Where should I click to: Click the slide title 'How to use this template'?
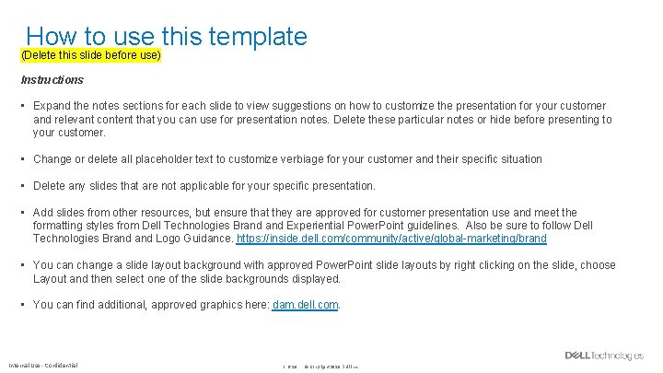coord(167,36)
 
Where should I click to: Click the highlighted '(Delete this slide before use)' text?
coord(91,56)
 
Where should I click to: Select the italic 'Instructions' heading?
coord(52,80)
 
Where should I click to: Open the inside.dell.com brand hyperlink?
coord(391,239)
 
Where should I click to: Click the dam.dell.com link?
coord(306,305)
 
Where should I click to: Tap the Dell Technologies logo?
coord(604,356)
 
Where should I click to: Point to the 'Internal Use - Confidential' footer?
coord(43,365)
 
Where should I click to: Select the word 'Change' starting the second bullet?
coord(54,159)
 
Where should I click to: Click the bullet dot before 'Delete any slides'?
coord(24,186)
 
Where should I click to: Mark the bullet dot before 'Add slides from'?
coord(24,213)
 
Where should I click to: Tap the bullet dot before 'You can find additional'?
coord(24,305)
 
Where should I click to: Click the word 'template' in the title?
coord(258,36)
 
